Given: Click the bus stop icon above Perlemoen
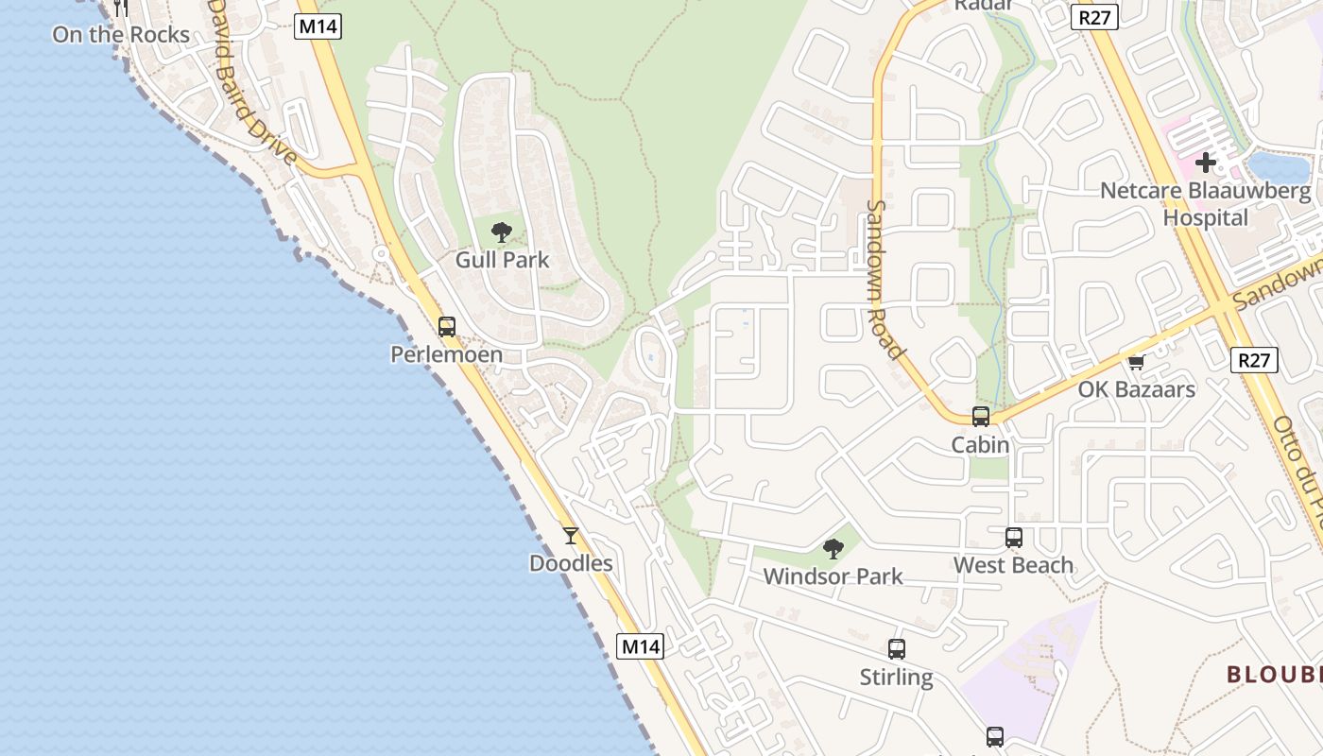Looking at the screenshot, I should (447, 327).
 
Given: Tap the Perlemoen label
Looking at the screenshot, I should (447, 355).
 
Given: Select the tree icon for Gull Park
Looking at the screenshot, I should (502, 232).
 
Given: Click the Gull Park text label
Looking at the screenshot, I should (502, 260).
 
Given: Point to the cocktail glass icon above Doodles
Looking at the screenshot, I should (571, 536).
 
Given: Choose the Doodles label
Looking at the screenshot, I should (571, 564).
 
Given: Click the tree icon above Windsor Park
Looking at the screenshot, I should (833, 548).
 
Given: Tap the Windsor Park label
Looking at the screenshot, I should (833, 576).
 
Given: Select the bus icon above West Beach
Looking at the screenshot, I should (1014, 538).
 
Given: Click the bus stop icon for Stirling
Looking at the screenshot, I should (897, 649).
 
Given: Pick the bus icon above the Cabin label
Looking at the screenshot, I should (981, 417).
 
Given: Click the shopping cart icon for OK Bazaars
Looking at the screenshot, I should (1137, 362).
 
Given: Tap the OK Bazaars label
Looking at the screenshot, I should (1137, 389).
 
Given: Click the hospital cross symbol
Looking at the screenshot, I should (1206, 163).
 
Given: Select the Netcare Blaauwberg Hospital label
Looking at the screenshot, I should (1206, 204).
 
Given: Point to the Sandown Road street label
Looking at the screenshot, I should (885, 280).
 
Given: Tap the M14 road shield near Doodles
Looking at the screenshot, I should (641, 646).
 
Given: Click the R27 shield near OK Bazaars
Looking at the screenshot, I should (1255, 360).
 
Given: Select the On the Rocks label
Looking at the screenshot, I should (121, 35).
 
